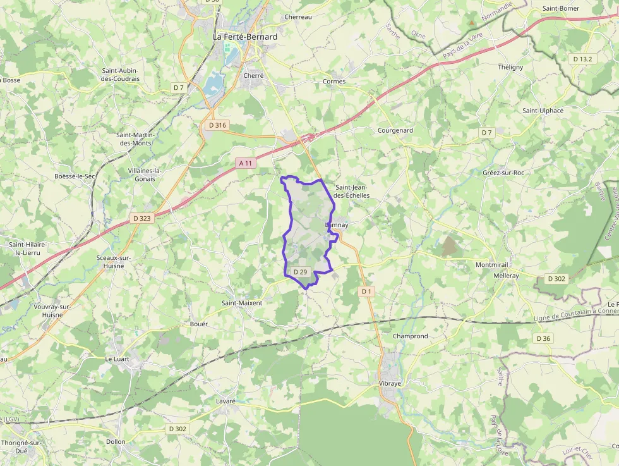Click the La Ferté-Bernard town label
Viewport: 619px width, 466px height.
pyautogui.click(x=245, y=37)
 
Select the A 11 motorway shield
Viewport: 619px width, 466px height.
pyautogui.click(x=246, y=163)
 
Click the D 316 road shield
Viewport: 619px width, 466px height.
pyautogui.click(x=217, y=125)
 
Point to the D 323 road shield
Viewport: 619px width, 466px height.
pyautogui.click(x=142, y=218)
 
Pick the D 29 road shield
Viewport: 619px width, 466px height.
pyautogui.click(x=300, y=272)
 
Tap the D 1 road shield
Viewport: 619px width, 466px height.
pyautogui.click(x=366, y=291)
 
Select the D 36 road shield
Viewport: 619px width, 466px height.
pyautogui.click(x=543, y=338)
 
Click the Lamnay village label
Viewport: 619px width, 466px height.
pyautogui.click(x=337, y=225)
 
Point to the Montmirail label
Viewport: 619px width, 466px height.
pyautogui.click(x=491, y=264)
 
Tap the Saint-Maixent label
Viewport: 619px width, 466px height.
pyautogui.click(x=241, y=303)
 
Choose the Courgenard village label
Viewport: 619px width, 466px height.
pyautogui.click(x=395, y=130)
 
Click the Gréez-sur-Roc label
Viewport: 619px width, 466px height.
pyautogui.click(x=503, y=173)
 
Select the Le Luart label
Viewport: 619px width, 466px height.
pyautogui.click(x=117, y=359)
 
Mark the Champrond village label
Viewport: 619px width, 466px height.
pyautogui.click(x=410, y=336)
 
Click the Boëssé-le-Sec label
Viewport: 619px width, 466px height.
pyautogui.click(x=75, y=176)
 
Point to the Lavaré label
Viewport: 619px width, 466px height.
pyautogui.click(x=225, y=401)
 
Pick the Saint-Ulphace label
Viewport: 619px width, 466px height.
pyautogui.click(x=543, y=110)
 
